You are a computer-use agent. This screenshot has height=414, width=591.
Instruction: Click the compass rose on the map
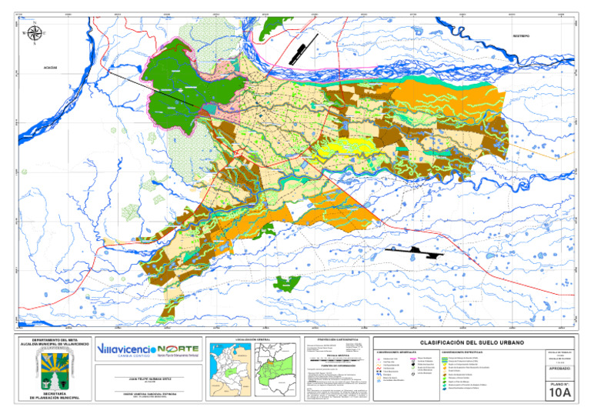pos(33,33)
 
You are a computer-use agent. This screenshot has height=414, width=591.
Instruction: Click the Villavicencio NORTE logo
pos(148,351)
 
